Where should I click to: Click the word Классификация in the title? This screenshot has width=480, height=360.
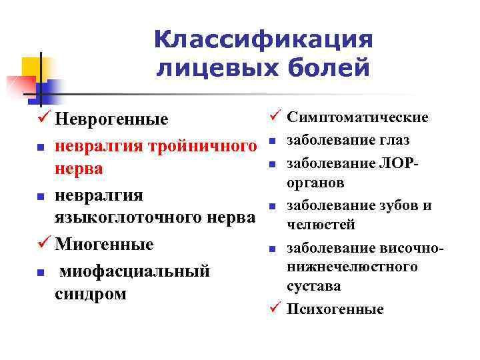pyautogui.click(x=263, y=39)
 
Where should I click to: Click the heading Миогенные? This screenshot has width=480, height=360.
pyautogui.click(x=104, y=243)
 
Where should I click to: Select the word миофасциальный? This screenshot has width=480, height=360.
pyautogui.click(x=135, y=271)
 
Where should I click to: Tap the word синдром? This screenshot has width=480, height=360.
pyautogui.click(x=90, y=293)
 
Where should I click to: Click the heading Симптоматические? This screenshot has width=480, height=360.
pyautogui.click(x=357, y=117)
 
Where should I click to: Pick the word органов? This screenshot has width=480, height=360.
pyautogui.click(x=315, y=182)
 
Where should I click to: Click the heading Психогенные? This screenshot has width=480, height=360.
pyautogui.click(x=335, y=309)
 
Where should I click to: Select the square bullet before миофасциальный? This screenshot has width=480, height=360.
pyautogui.click(x=41, y=273)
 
